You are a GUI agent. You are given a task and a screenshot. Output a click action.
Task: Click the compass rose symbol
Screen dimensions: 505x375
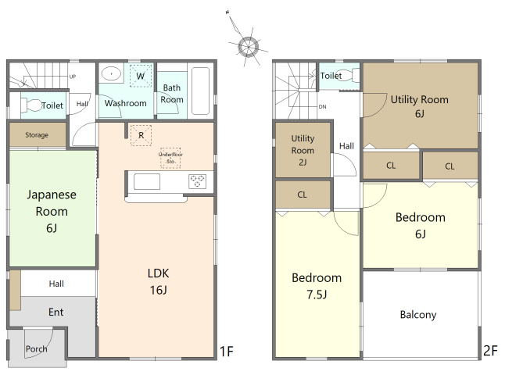[x=248, y=47]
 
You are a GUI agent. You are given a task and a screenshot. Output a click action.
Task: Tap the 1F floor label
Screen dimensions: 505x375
[x=226, y=352]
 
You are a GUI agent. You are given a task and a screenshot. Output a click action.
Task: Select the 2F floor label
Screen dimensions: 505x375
[x=490, y=351]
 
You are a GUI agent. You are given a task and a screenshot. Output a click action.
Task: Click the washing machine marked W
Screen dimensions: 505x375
[x=141, y=76]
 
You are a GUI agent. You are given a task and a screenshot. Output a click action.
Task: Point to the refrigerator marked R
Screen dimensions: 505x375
[x=141, y=135]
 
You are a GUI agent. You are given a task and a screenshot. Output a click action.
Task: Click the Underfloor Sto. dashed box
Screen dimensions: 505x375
[x=170, y=158]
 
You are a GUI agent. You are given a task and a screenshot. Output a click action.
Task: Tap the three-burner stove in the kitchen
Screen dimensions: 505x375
[x=197, y=181]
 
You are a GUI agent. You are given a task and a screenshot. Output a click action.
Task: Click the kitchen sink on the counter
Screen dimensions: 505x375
[x=147, y=182]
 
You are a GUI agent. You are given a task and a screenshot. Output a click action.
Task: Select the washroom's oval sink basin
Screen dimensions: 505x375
[x=111, y=73]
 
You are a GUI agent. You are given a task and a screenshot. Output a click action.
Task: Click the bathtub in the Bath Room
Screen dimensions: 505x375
[x=200, y=91]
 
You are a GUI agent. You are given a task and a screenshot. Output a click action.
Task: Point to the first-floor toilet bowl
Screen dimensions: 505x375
[x=31, y=105]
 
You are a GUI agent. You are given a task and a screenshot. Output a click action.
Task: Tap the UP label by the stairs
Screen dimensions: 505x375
[x=73, y=77]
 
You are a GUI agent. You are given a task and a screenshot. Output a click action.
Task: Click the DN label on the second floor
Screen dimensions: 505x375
[x=322, y=106]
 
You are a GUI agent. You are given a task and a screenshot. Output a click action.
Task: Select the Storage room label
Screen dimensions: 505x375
[x=37, y=135]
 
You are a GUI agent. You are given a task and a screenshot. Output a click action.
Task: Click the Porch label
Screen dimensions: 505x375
[x=37, y=348]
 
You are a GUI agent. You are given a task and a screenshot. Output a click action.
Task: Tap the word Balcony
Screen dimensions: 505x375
[x=418, y=315]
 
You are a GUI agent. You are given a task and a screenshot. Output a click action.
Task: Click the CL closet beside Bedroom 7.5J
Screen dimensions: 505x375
[x=303, y=195]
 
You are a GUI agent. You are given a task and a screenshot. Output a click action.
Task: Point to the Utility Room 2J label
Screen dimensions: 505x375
[x=303, y=150]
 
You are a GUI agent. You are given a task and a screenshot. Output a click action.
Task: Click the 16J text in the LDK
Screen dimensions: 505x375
[x=158, y=290]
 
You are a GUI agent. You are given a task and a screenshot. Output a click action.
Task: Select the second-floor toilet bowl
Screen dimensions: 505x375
[x=346, y=75]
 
